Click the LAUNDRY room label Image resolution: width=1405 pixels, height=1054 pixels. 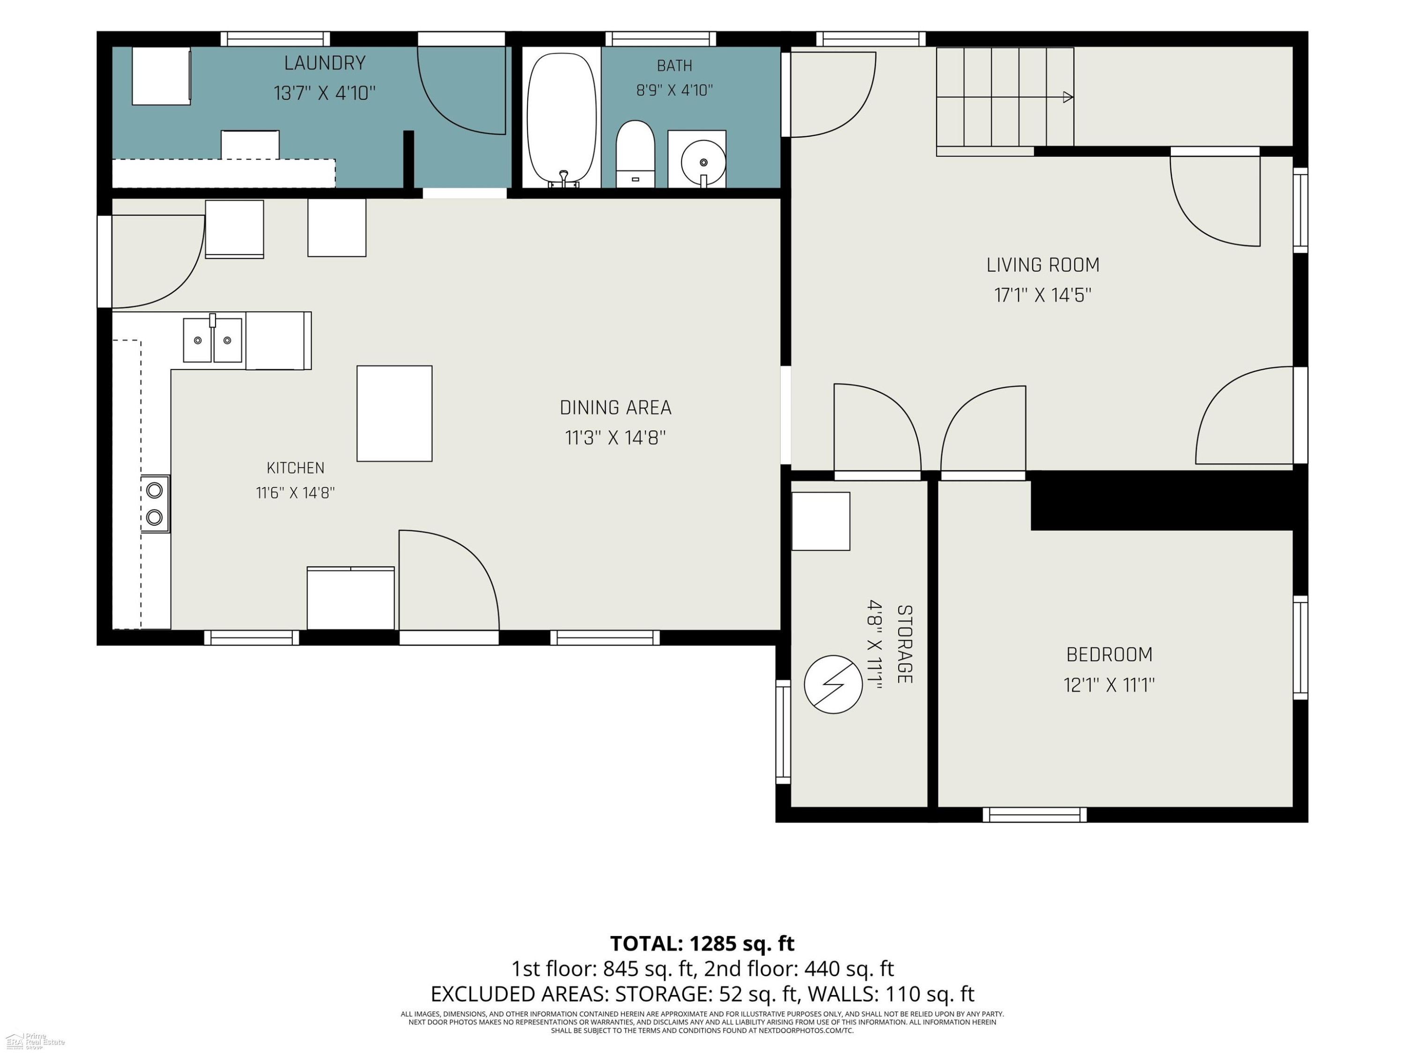(325, 63)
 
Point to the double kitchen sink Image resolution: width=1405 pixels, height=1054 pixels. (212, 340)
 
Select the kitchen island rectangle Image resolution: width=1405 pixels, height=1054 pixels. (394, 413)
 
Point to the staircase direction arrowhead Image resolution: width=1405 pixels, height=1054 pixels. (1068, 97)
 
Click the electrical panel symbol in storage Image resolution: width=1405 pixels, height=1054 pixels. (833, 684)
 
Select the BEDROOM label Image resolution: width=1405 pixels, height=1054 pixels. (1109, 654)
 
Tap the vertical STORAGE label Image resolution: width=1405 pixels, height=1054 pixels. (904, 644)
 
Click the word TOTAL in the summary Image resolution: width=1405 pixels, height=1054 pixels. (647, 943)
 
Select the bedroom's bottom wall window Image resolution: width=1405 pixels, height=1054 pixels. (1035, 815)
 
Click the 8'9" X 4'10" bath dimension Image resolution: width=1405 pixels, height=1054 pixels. (674, 90)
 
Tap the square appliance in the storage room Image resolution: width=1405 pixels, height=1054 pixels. (821, 521)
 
